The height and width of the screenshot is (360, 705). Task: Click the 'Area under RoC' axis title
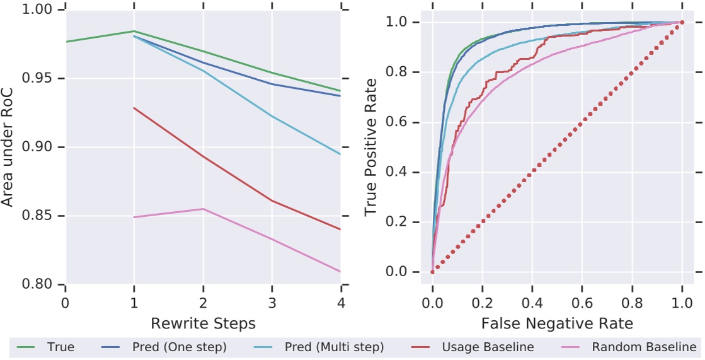[x=8, y=147]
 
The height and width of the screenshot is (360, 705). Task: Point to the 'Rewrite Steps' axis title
[x=203, y=323]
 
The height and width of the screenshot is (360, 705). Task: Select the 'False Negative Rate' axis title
[x=557, y=323]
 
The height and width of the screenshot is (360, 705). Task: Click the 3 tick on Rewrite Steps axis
[x=272, y=303]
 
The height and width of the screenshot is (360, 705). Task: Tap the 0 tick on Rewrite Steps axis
[x=65, y=303]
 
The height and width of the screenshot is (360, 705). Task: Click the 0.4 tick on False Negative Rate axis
[x=532, y=303]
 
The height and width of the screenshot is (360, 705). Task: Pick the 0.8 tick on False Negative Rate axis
[x=632, y=303]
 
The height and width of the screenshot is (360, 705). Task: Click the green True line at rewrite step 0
[x=66, y=42]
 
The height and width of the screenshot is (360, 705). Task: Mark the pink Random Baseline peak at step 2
[x=203, y=209]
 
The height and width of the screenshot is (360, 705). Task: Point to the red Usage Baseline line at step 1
[x=134, y=108]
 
